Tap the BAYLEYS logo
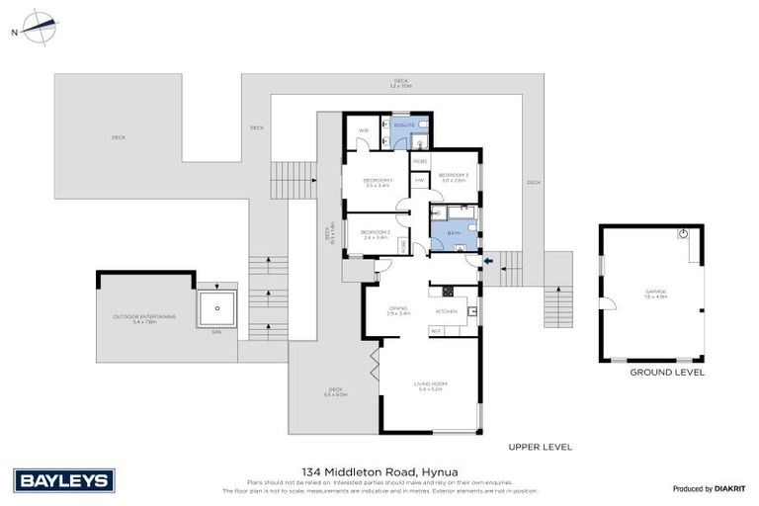[65, 481]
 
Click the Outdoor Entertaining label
[145, 317]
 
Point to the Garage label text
[651, 293]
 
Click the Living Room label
[433, 386]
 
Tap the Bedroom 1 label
[378, 181]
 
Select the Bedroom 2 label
[377, 234]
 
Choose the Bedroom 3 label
[454, 177]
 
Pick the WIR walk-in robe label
[363, 129]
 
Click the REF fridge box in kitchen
[436, 330]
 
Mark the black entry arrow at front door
[487, 261]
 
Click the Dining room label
[397, 310]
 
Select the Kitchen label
[446, 311]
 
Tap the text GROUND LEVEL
[667, 373]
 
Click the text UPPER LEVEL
[540, 447]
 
